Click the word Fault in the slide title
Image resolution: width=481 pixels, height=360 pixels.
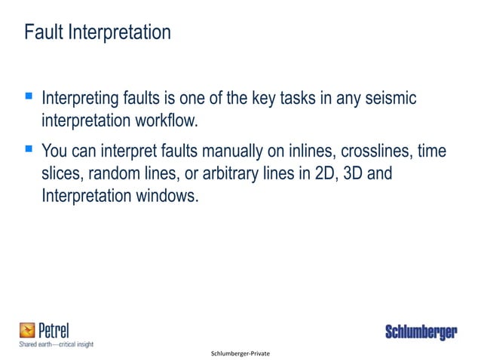point(43,33)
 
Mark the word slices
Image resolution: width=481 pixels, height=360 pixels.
point(61,173)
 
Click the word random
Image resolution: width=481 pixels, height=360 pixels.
point(115,173)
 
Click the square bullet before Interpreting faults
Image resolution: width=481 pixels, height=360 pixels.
point(28,97)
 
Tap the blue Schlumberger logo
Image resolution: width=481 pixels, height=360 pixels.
point(421,333)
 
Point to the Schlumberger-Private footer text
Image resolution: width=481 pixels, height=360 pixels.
point(240,353)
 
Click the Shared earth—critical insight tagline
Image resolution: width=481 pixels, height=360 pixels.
point(57,343)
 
